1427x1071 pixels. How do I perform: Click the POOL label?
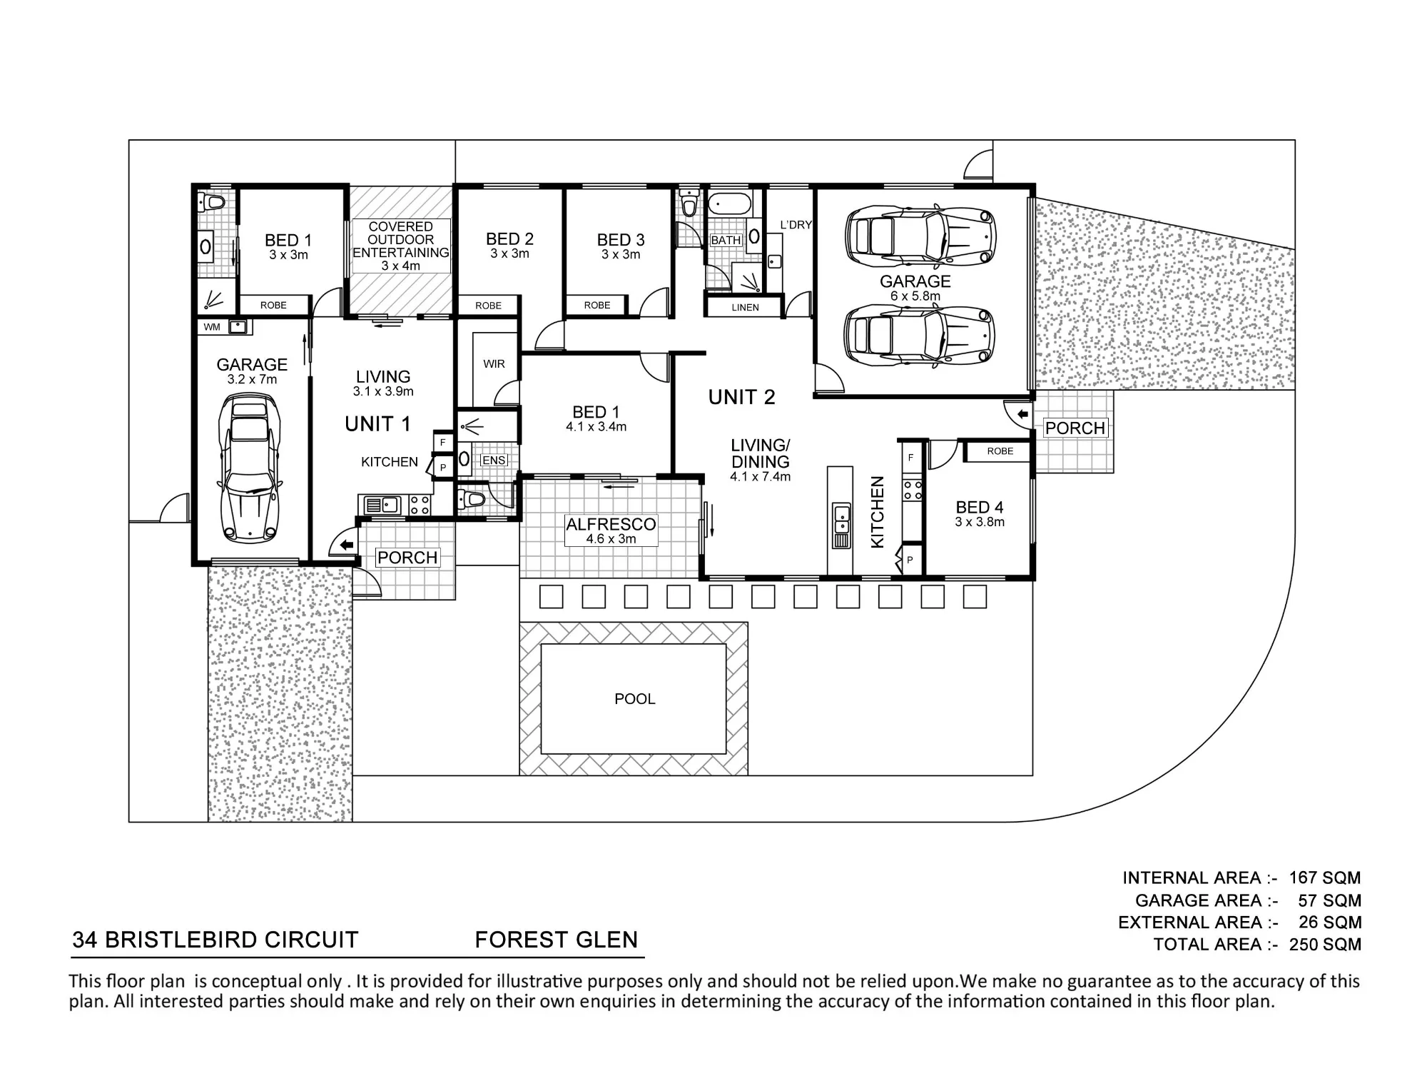pyautogui.click(x=634, y=699)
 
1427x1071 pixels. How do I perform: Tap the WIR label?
pyautogui.click(x=494, y=364)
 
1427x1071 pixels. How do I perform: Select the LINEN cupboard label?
pyautogui.click(x=745, y=308)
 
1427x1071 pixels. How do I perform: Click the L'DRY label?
pyautogui.click(x=796, y=225)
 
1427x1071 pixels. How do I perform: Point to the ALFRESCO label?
pyautogui.click(x=611, y=525)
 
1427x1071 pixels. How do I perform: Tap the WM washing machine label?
pyautogui.click(x=212, y=328)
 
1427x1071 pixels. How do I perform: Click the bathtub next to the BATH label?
pyautogui.click(x=730, y=204)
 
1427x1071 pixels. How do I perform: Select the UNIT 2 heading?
pyautogui.click(x=741, y=397)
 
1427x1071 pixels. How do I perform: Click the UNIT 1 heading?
pyautogui.click(x=377, y=424)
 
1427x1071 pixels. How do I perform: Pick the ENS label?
pyautogui.click(x=494, y=461)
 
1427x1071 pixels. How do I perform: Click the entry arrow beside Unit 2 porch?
pyautogui.click(x=1022, y=414)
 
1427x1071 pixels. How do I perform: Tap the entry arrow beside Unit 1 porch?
pyautogui.click(x=347, y=545)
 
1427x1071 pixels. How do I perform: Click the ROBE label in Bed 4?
pyautogui.click(x=1000, y=451)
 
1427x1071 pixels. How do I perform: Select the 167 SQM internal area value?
pyautogui.click(x=1325, y=878)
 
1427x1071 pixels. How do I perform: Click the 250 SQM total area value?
pyautogui.click(x=1325, y=945)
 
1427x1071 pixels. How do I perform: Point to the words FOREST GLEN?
pyautogui.click(x=557, y=940)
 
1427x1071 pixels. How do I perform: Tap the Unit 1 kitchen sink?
pyautogui.click(x=382, y=506)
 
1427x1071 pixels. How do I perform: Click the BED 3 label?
pyautogui.click(x=621, y=241)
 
